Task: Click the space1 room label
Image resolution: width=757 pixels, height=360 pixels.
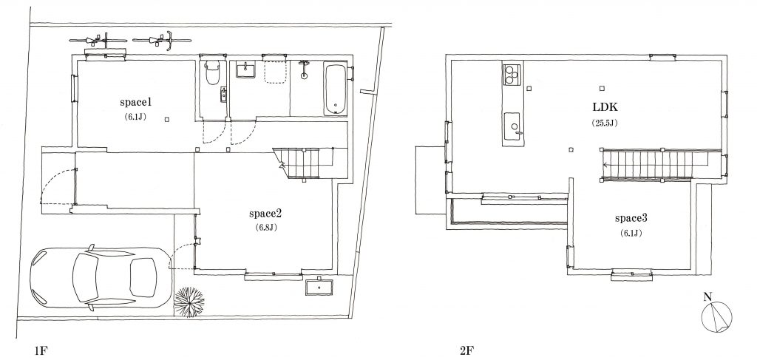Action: point(136,102)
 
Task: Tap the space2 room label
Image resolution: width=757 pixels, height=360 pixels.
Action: point(265,214)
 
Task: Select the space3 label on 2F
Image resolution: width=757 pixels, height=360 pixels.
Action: point(631,218)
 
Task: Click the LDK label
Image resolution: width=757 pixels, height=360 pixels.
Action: point(605,106)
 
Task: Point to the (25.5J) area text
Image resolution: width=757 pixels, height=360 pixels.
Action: point(605,123)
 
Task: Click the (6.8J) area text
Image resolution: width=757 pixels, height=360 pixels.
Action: point(265,227)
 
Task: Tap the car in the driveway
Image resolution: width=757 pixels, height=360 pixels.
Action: point(101,277)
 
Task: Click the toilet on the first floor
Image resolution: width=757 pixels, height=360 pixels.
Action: point(212,73)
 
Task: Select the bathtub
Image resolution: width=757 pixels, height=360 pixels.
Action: point(336,89)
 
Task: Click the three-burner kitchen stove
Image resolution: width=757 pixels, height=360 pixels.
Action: point(512,75)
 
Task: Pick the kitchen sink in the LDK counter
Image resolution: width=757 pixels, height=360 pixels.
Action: point(512,126)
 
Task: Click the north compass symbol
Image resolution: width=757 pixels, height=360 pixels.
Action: point(716,316)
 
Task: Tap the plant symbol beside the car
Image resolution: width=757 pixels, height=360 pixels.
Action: point(189,302)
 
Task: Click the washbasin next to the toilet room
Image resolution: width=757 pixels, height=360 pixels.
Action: point(245,70)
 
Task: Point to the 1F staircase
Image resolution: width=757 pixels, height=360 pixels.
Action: point(310,163)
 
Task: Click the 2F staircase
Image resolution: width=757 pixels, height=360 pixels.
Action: point(655,165)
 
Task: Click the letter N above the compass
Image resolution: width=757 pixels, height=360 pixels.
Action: point(707,296)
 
